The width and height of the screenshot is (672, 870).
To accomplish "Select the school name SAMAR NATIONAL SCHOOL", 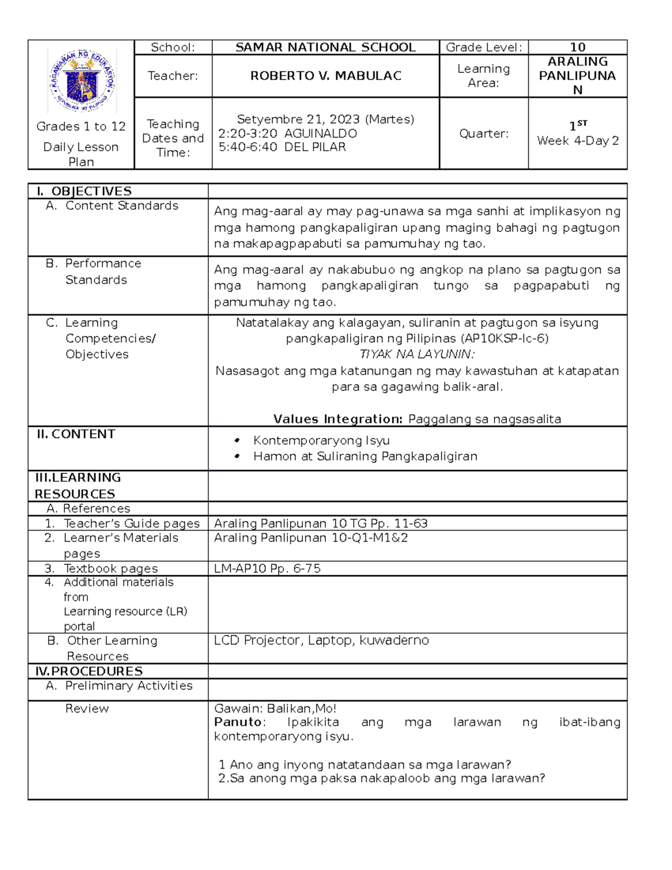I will [325, 48].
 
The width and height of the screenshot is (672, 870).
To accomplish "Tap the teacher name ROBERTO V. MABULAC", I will [325, 76].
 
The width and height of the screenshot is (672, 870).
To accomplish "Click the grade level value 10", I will [577, 48].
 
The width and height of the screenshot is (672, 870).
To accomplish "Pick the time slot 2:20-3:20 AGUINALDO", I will [287, 133].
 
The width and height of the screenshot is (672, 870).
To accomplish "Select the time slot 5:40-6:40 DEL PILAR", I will [282, 147].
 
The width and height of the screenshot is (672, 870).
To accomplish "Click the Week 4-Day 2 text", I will [577, 141].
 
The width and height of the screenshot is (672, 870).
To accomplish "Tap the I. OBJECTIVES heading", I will [84, 191].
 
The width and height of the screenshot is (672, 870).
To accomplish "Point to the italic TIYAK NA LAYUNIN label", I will [417, 354].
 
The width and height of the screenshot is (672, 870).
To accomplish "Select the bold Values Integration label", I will [338, 419].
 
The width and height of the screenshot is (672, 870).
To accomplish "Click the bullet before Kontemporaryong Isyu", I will [237, 441].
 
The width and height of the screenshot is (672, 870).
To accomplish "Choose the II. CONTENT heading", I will [76, 434].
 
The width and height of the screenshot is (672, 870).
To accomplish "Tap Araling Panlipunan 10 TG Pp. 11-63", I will [320, 523].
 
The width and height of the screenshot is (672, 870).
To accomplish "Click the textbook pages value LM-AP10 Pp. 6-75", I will [267, 569].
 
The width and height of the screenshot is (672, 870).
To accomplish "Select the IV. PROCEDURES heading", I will [89, 671].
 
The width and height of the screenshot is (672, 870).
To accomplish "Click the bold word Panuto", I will [238, 722].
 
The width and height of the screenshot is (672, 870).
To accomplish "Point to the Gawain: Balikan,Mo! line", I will [275, 709].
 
